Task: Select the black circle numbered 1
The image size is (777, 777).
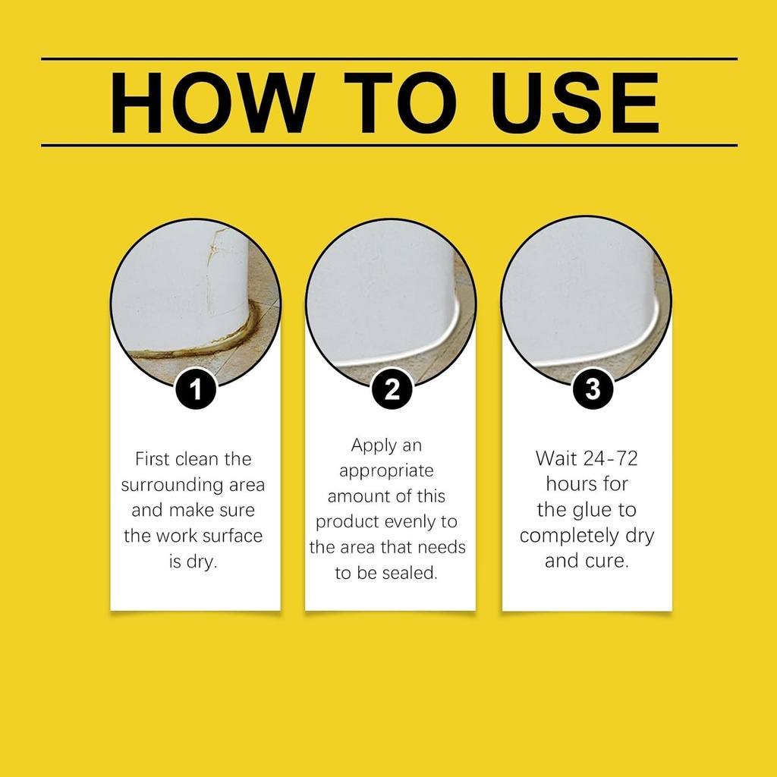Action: (x=196, y=390)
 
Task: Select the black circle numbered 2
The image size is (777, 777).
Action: (x=392, y=390)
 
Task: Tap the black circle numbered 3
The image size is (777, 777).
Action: (x=592, y=389)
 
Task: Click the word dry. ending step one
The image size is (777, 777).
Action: (x=204, y=562)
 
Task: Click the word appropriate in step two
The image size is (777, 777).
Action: (x=385, y=471)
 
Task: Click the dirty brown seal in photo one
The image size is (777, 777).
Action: (x=228, y=341)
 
